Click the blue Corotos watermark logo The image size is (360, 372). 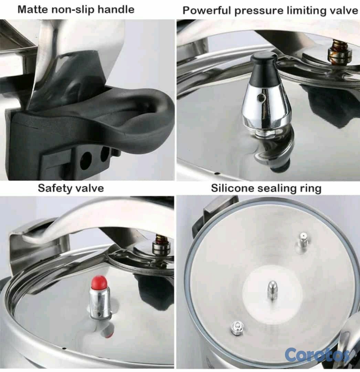[317, 355]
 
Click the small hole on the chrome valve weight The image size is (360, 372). [262, 97]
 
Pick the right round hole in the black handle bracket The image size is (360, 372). [105, 155]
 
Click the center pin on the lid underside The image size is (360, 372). [272, 290]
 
